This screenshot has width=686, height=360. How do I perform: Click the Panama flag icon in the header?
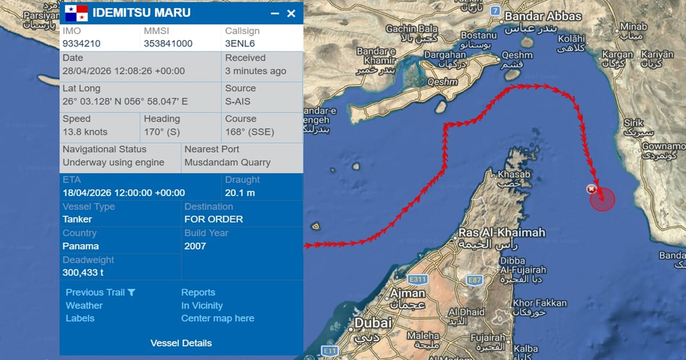tap(75, 13)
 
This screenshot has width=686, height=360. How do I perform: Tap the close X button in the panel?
tap(291, 13)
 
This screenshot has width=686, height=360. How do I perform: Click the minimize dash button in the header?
tap(275, 13)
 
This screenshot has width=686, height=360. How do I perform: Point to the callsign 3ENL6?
tap(240, 43)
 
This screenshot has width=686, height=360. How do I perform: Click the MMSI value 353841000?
tap(168, 43)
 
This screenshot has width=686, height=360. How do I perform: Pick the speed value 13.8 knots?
tap(85, 132)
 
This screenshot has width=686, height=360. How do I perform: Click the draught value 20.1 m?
tap(240, 193)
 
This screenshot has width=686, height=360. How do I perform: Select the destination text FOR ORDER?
tap(213, 219)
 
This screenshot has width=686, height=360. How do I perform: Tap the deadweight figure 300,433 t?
tap(83, 273)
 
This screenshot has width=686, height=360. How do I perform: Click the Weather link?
tap(84, 306)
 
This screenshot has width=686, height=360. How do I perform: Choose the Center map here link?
tap(217, 318)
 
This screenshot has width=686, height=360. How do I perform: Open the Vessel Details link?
tap(181, 343)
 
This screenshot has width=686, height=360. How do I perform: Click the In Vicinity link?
tap(202, 306)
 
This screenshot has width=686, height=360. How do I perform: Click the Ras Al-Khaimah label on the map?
tap(501, 233)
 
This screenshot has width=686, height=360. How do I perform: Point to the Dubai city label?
tap(373, 323)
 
